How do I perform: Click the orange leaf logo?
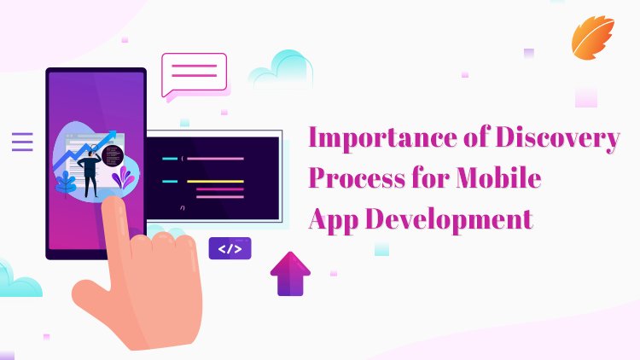(x=592, y=38)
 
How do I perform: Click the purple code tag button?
(x=230, y=248)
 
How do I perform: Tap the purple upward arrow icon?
(x=290, y=273)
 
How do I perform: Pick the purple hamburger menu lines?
(x=22, y=142)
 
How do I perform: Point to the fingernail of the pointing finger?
(x=111, y=209)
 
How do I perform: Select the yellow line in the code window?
(x=215, y=181)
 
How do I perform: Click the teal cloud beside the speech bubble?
(x=281, y=70)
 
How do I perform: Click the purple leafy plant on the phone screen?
(x=124, y=177)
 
